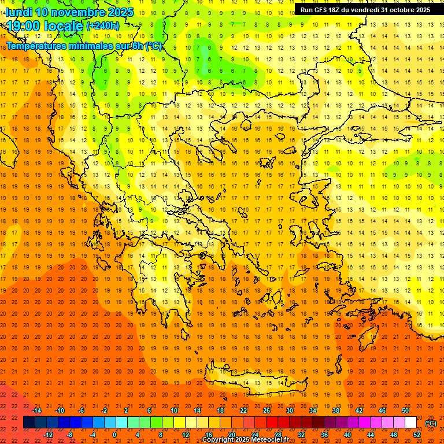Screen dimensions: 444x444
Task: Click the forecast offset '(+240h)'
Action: [x=103, y=26]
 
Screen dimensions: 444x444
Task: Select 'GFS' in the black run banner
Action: [x=321, y=10]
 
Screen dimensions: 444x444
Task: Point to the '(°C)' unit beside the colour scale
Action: [x=431, y=423]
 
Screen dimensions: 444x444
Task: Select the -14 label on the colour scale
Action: [x=36, y=410]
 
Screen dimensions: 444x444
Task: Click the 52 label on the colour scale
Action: [x=417, y=435]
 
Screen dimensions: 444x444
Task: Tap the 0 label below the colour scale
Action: [x=114, y=435]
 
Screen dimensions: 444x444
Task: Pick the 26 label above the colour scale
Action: [x=267, y=410]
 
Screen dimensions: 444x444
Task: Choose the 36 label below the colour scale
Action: [x=324, y=435]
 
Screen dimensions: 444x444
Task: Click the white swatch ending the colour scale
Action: [x=410, y=423]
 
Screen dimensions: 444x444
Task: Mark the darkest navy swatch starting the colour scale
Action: [x=29, y=423]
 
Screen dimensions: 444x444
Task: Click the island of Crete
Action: [x=254, y=383]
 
